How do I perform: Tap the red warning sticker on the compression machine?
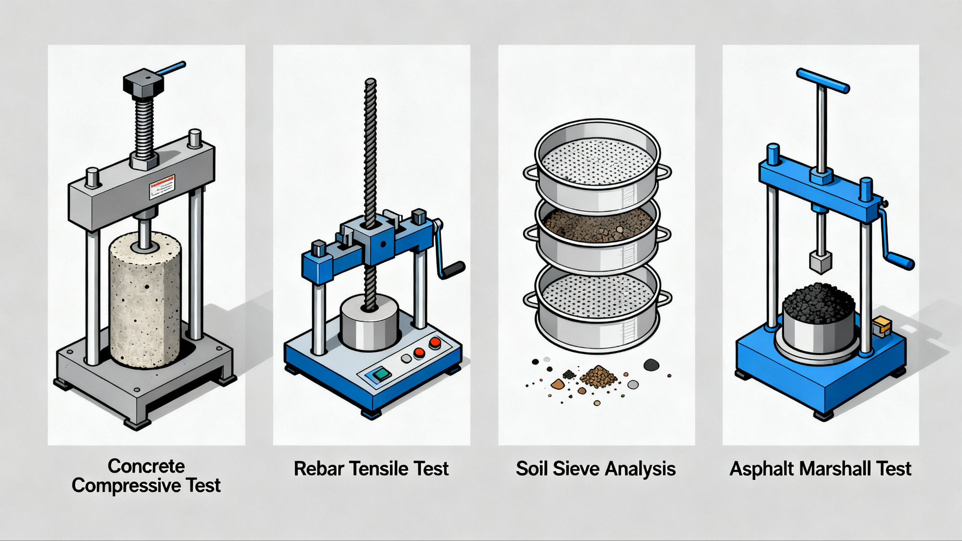coord(162,187)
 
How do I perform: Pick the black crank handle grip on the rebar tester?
coord(454,270)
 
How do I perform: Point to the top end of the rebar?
coord(370,83)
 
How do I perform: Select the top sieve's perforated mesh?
coord(596,161)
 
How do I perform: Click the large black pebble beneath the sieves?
coord(651,365)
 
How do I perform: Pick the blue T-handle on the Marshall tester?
coord(823,80)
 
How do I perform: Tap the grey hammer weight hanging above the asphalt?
coord(821,262)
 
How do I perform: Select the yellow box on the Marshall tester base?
coord(882,327)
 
